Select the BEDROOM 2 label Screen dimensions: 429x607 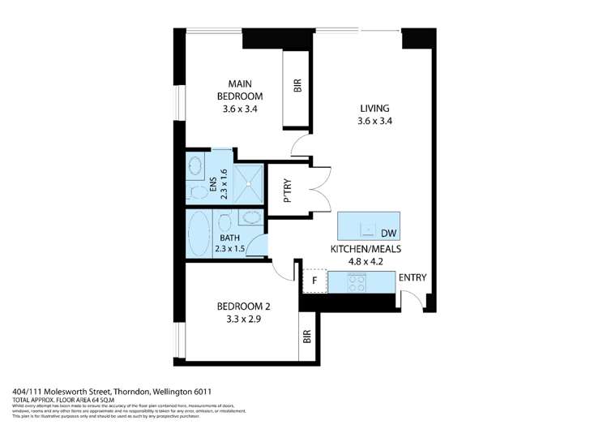[x=243, y=306]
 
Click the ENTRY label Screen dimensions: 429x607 [x=412, y=278]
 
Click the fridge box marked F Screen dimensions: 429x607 [x=313, y=281]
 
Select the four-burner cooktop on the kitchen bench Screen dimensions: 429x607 [x=356, y=281]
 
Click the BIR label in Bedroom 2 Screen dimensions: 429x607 [x=307, y=337]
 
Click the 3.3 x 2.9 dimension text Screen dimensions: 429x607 [x=243, y=320]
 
